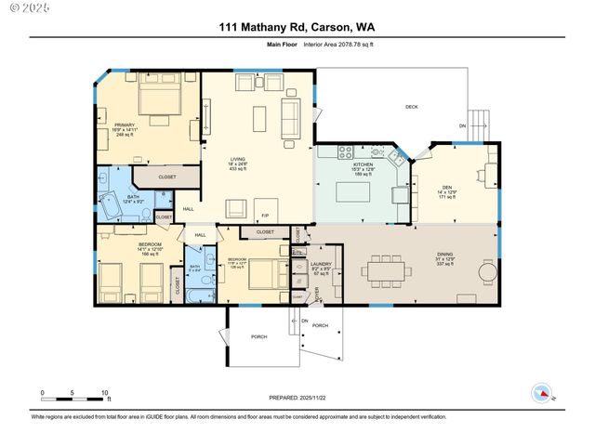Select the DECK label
click(411, 107)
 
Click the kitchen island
click(355, 192)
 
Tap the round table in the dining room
click(487, 272)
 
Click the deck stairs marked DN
click(476, 120)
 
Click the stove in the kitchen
click(346, 151)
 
